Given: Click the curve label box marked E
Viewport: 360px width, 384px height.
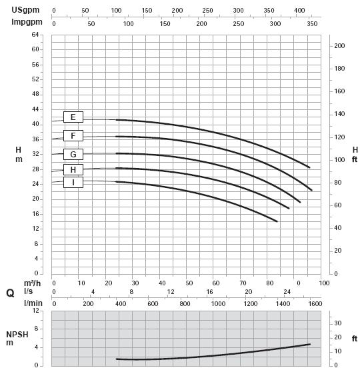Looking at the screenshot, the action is click(x=73, y=117).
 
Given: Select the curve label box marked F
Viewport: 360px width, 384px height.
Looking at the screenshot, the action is click(x=73, y=135).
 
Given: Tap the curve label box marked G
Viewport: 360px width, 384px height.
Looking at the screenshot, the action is click(x=73, y=154).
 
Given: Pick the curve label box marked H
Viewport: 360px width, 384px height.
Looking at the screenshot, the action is click(x=73, y=169).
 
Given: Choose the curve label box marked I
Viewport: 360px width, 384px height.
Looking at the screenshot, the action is click(x=73, y=182).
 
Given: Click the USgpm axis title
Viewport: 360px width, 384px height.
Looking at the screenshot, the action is click(x=25, y=10).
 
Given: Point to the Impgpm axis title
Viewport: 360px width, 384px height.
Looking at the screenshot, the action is click(x=27, y=22).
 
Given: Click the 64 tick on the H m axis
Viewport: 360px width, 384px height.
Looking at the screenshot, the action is click(x=35, y=35).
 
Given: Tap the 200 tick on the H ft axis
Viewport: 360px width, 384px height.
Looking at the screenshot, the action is click(x=339, y=46).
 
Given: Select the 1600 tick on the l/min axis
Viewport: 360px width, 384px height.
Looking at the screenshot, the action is click(x=315, y=304).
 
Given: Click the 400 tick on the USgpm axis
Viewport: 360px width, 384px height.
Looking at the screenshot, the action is click(x=299, y=11).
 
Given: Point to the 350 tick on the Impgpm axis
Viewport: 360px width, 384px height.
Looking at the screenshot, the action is click(x=312, y=24).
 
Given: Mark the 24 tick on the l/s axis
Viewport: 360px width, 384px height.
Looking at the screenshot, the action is click(x=287, y=292).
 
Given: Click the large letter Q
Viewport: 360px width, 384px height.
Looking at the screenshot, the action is click(x=10, y=293).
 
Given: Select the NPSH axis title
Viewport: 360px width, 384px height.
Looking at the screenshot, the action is click(x=17, y=335).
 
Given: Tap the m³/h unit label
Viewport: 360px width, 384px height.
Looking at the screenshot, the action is click(x=32, y=283).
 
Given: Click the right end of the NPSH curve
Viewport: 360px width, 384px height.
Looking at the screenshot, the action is click(x=310, y=344).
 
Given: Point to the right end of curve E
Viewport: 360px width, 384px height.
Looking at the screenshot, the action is click(x=309, y=167).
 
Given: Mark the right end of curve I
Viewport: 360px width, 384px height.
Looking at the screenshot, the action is click(x=277, y=221).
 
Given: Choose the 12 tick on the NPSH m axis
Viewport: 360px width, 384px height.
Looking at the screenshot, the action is click(x=36, y=311).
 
